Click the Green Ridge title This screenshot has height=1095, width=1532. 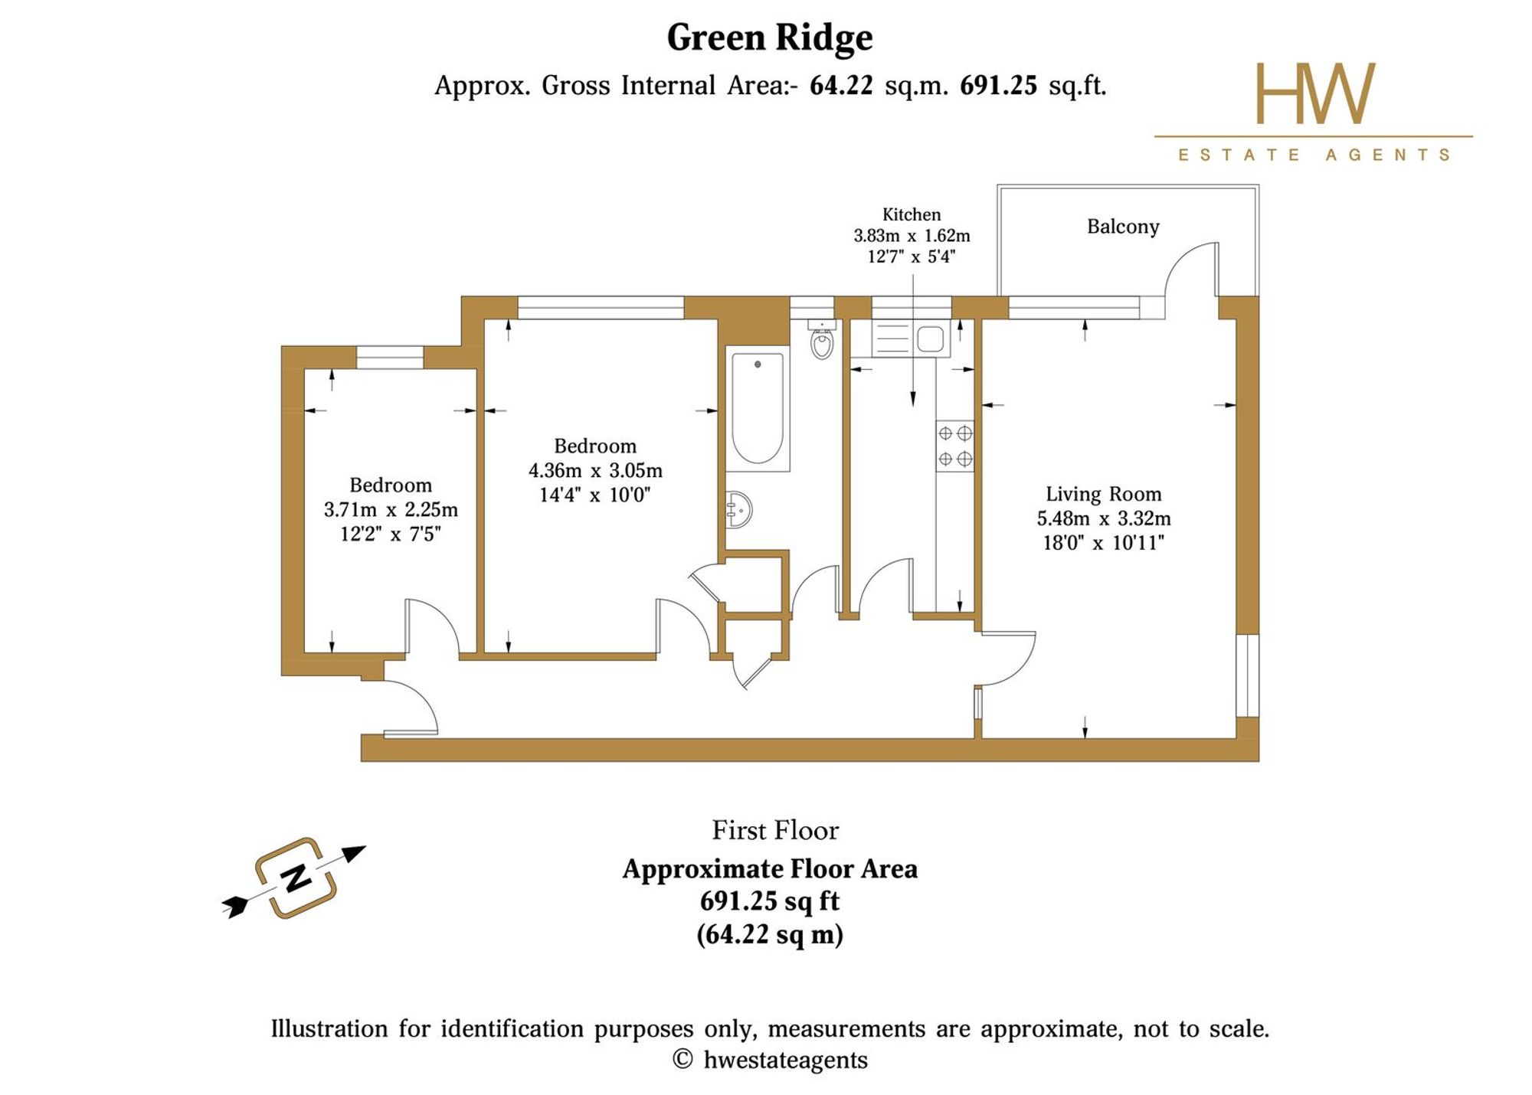pos(769,38)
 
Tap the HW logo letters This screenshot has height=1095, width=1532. pos(1314,93)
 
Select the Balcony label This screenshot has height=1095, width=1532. pos(1123,227)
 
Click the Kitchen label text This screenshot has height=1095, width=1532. pos(912,214)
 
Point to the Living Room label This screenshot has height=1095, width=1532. pos(1104,494)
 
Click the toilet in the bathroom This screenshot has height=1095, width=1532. pos(822,339)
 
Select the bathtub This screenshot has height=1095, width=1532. pos(758,409)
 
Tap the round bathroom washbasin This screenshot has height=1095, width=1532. pos(739,509)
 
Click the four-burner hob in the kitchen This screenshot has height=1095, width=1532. pos(955,446)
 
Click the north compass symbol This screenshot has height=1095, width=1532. pos(295,878)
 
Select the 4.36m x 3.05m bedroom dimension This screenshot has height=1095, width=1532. pos(595,470)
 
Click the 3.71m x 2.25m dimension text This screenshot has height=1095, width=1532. pos(391,509)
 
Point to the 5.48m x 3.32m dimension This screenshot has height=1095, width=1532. pos(1104,518)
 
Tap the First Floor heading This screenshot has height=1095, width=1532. pos(775,830)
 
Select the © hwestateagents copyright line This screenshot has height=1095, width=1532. pos(770,1060)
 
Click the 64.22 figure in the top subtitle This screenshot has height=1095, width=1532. pos(841,85)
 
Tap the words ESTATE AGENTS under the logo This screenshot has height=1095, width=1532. pos(1314,155)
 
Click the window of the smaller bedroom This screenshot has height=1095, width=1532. pos(390,358)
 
